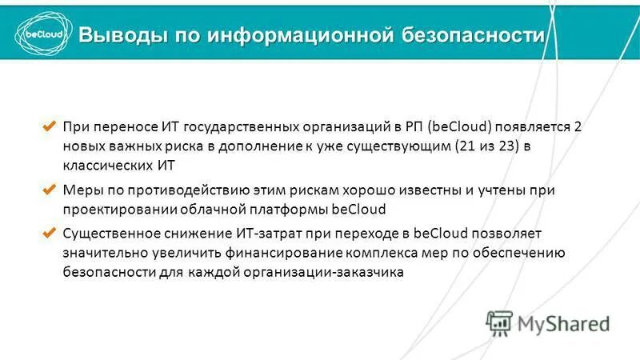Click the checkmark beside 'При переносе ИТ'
pos(48,127)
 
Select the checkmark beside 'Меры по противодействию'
pos(48,190)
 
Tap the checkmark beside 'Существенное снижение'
pos(48,234)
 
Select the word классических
pos(105,166)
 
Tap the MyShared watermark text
pos(563,322)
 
